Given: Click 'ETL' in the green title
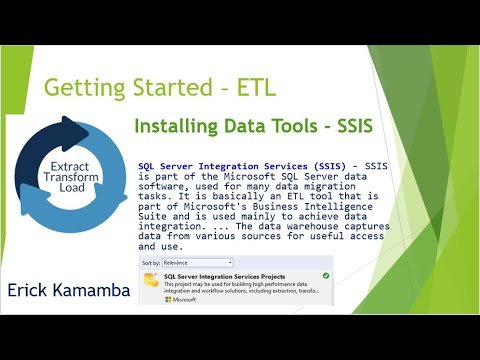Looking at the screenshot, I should pos(257,87).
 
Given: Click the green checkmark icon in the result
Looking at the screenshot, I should pos(326,274).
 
